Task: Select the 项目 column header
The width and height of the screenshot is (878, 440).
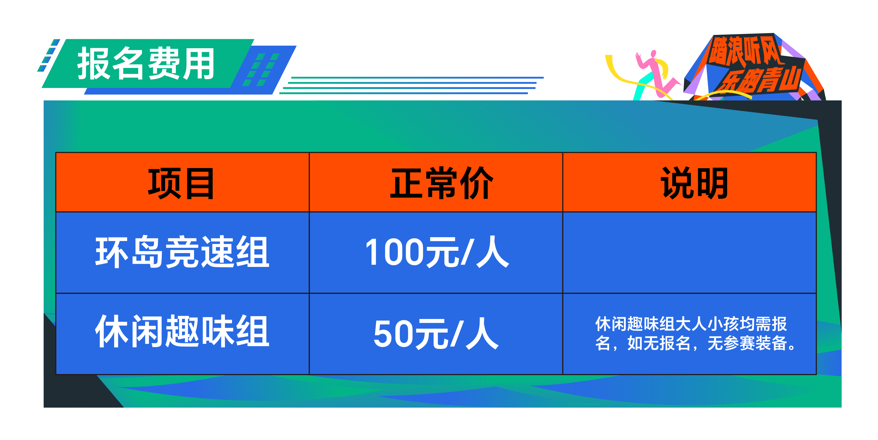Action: (x=181, y=183)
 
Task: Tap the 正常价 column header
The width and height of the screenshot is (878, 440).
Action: (x=442, y=183)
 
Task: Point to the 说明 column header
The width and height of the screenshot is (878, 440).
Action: (x=694, y=183)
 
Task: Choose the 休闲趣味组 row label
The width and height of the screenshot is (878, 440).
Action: (x=182, y=331)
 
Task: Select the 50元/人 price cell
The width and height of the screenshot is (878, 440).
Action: (x=436, y=333)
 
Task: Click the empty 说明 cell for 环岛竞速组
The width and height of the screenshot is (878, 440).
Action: (x=689, y=253)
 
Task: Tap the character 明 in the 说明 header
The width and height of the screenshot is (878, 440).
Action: (x=712, y=183)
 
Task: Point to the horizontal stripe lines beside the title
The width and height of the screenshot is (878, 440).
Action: (x=411, y=85)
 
